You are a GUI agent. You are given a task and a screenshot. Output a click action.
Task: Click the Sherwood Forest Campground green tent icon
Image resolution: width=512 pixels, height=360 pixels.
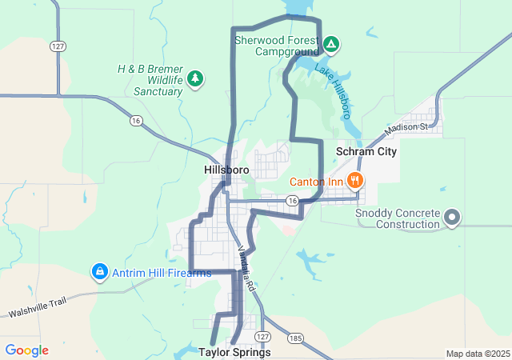coord(331,43)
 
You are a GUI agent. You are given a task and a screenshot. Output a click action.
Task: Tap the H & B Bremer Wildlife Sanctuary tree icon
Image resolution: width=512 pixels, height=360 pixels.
coord(195,78)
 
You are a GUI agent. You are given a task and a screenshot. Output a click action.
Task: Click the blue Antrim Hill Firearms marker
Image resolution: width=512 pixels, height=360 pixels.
coord(99,273)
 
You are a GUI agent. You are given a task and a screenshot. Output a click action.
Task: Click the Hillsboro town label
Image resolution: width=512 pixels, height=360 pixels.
coord(226,170)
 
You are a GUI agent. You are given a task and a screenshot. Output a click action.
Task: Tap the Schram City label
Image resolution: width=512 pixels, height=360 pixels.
coord(366,151)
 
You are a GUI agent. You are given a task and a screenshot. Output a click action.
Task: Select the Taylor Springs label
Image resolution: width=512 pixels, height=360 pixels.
coord(234,352)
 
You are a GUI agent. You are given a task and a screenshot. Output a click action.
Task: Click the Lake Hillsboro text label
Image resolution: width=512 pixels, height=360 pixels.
coord(334,90)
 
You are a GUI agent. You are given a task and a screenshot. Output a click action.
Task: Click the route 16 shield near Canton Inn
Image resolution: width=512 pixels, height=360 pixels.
coord(293,200)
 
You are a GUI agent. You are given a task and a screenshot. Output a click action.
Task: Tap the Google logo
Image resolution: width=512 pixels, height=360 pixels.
coord(26,350)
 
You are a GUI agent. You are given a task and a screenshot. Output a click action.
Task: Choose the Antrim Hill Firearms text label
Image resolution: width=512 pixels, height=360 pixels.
coord(162,273)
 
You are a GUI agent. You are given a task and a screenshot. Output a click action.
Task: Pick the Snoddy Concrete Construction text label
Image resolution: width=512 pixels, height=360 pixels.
coord(398,218)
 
